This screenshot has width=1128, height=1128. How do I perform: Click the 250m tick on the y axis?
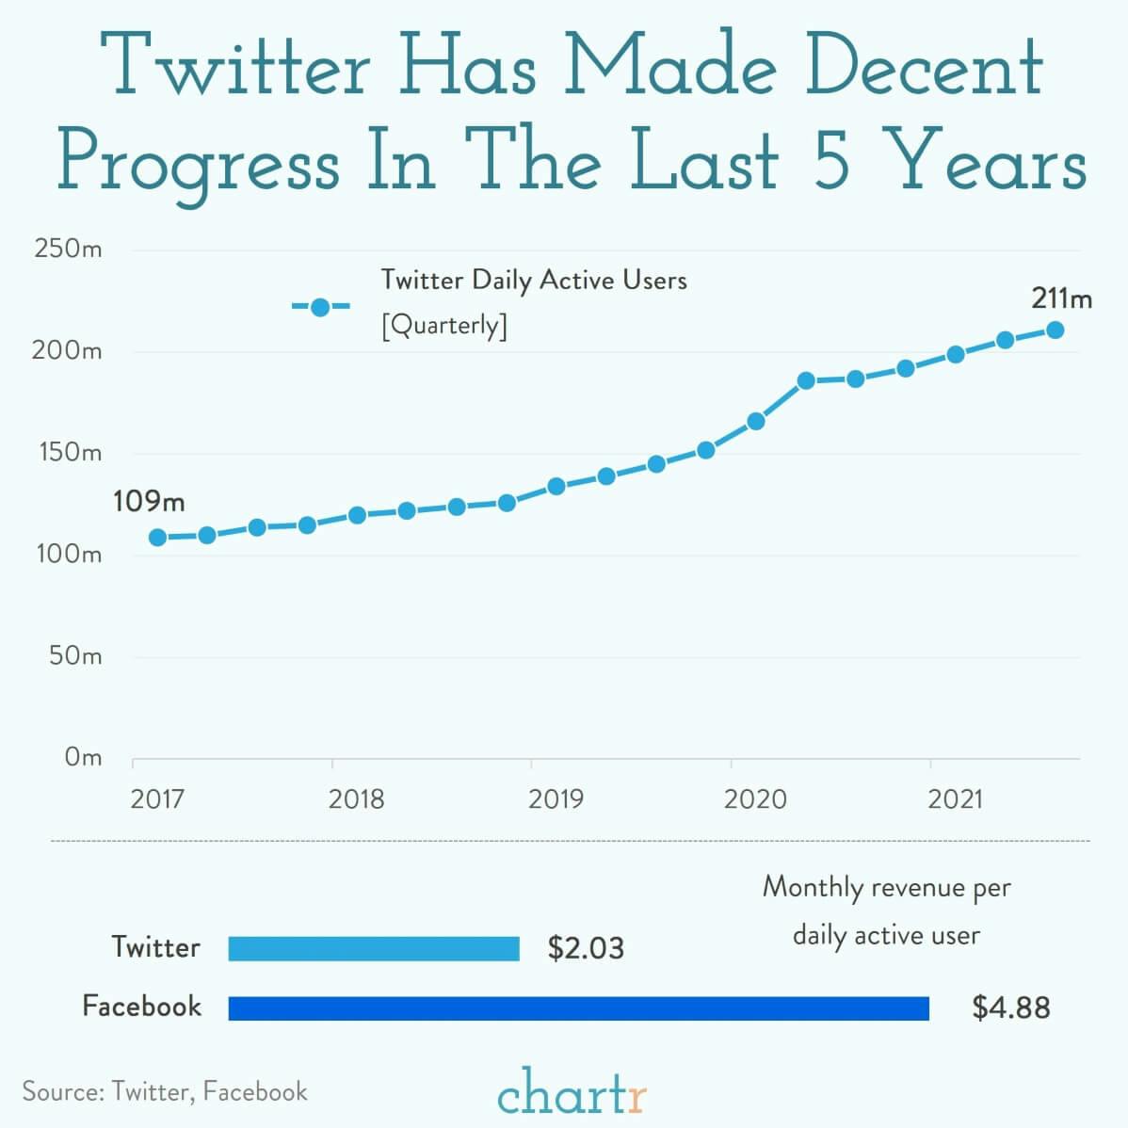[68, 250]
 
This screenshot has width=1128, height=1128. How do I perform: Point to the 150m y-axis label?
[68, 453]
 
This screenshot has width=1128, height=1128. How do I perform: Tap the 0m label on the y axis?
[83, 757]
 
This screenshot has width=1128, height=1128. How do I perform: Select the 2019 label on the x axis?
[556, 800]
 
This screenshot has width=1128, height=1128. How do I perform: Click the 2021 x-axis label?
[955, 800]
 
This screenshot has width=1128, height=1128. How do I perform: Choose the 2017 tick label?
[157, 800]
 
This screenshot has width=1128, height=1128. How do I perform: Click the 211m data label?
[1061, 298]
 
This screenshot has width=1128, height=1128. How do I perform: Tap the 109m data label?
[149, 501]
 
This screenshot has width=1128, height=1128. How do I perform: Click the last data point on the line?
[1055, 330]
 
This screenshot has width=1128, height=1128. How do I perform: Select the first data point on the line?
[158, 538]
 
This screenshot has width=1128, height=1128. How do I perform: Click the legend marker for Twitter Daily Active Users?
[320, 307]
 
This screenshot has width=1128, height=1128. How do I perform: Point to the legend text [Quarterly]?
[443, 326]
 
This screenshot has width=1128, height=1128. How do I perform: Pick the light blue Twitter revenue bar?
[374, 948]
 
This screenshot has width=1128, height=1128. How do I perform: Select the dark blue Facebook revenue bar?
[578, 1008]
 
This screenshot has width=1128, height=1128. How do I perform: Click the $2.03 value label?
[586, 948]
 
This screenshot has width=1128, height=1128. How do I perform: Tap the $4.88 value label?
[1010, 1008]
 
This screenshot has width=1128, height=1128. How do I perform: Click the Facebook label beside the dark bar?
[142, 1006]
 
